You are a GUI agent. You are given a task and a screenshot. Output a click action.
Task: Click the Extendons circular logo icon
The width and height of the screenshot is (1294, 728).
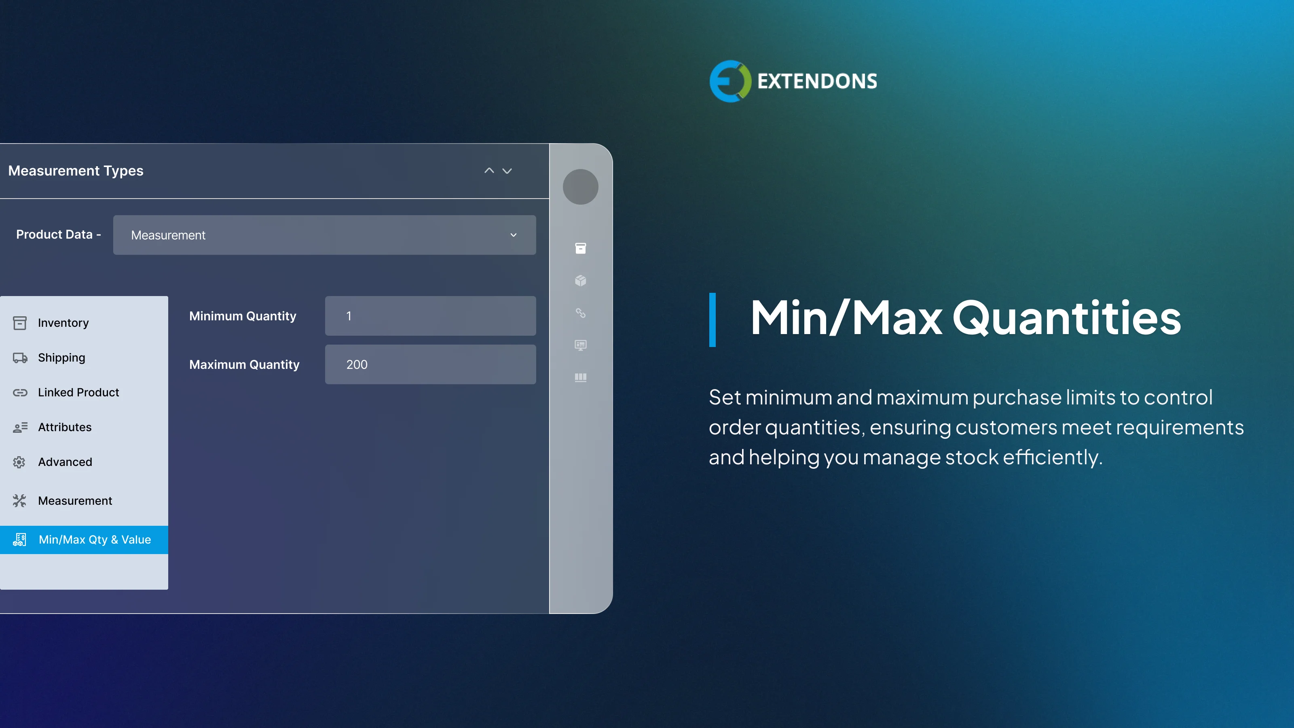[x=730, y=81]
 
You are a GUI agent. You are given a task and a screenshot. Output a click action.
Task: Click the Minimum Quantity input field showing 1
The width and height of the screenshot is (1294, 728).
[x=430, y=316]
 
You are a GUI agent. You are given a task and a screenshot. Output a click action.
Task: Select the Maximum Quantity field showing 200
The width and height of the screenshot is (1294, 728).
[x=430, y=364]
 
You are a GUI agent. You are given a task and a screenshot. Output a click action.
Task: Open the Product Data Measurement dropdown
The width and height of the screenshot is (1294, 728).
[x=324, y=235]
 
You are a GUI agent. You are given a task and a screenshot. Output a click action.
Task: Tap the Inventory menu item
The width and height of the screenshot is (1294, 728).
[x=63, y=323]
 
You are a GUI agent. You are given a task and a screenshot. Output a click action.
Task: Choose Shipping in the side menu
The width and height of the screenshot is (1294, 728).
[x=61, y=358]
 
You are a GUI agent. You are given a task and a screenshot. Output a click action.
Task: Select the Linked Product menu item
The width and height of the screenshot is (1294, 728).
[x=78, y=392]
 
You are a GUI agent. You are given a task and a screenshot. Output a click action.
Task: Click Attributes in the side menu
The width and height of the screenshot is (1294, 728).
[x=65, y=427]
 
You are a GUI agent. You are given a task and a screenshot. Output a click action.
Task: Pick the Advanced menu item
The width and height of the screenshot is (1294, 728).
[x=65, y=462]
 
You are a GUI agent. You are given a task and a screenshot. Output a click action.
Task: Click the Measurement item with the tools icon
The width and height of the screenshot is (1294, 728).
[x=75, y=501]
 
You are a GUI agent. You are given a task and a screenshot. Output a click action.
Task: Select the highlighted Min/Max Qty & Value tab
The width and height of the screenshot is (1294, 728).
[x=95, y=540]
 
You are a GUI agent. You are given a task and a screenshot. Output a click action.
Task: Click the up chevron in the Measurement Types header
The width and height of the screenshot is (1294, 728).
[x=489, y=171]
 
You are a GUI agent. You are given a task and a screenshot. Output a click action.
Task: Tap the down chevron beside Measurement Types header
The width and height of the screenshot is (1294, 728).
[x=507, y=171]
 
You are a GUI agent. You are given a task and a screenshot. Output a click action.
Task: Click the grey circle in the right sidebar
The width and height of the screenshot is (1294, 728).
[x=580, y=187]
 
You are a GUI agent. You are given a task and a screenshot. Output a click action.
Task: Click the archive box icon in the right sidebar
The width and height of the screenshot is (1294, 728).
[x=580, y=248]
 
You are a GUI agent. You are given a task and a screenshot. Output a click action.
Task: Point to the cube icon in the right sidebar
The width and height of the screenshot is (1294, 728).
[x=580, y=280]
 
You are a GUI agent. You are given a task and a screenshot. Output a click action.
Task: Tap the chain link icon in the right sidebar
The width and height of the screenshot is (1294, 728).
[x=580, y=313]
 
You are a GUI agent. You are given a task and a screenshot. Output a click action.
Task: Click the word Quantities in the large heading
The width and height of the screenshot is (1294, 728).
[x=1066, y=318]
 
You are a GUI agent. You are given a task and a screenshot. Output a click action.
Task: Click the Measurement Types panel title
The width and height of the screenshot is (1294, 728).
[x=76, y=171]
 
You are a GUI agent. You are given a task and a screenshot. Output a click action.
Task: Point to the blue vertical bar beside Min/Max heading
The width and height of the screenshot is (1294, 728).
[x=712, y=320]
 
